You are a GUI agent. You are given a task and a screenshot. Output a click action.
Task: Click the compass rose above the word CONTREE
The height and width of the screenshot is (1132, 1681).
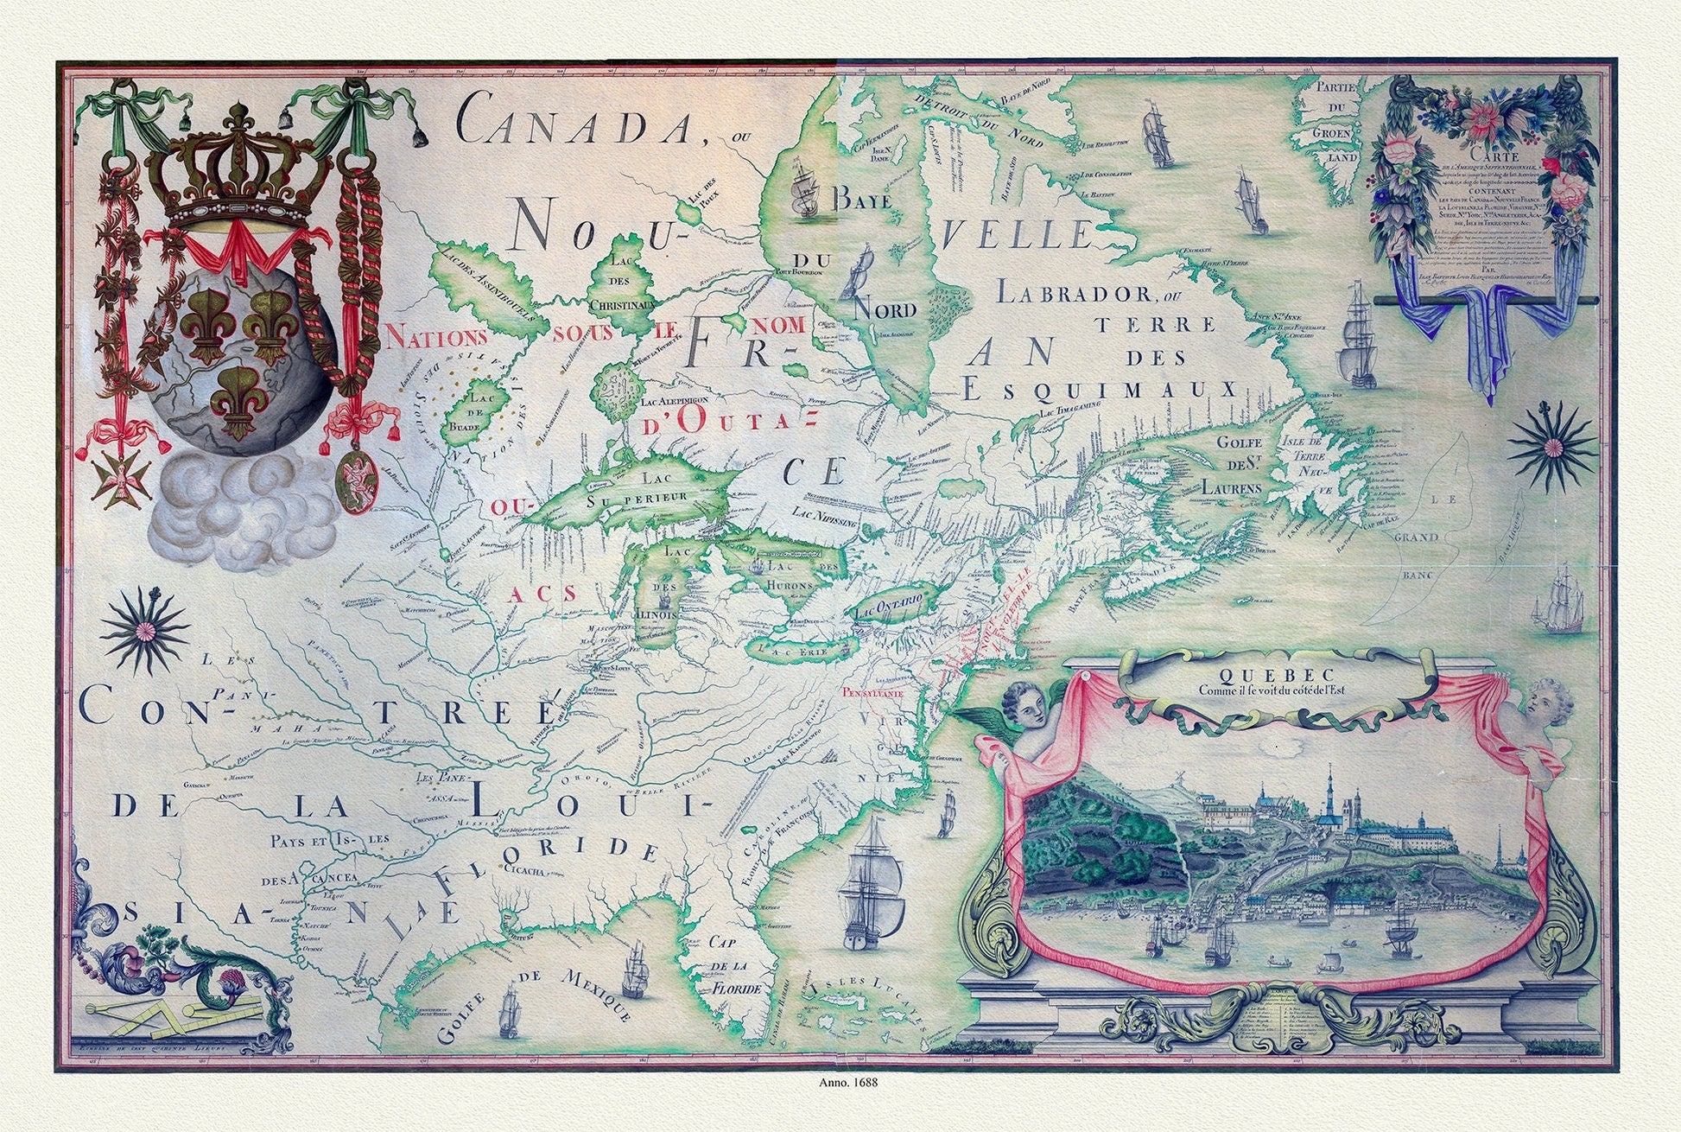pyautogui.click(x=144, y=631)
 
